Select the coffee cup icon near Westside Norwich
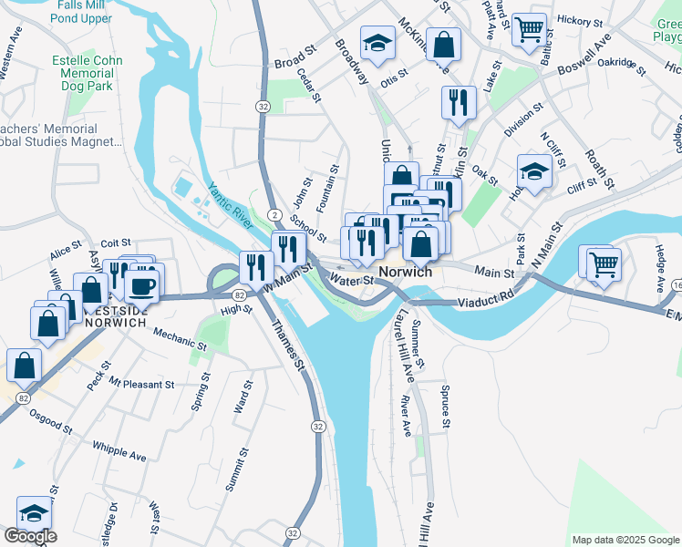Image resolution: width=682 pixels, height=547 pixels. pyautogui.click(x=143, y=285)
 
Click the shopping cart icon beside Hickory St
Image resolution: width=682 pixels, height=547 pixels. pyautogui.click(x=528, y=29)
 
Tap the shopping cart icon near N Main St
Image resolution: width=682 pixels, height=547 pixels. pyautogui.click(x=603, y=263)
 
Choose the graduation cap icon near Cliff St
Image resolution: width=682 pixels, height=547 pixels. pyautogui.click(x=534, y=170)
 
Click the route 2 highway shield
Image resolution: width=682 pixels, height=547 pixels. pyautogui.click(x=274, y=212)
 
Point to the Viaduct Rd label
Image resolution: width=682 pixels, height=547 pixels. pyautogui.click(x=486, y=298)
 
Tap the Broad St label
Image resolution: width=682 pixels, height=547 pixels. pyautogui.click(x=294, y=63)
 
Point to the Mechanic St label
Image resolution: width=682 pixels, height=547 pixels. pyautogui.click(x=179, y=339)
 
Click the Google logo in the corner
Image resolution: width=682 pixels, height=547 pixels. pyautogui.click(x=30, y=536)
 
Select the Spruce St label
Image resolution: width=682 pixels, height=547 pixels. pyautogui.click(x=445, y=408)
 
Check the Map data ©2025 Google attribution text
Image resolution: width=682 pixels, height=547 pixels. pyautogui.click(x=625, y=540)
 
